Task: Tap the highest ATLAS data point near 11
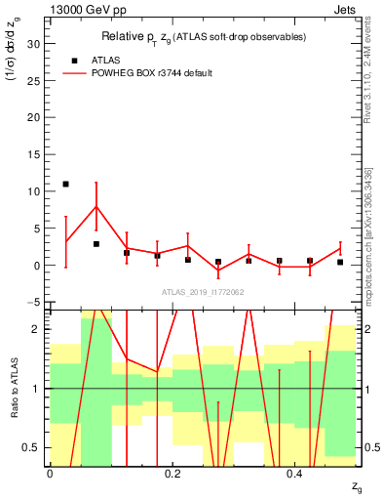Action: point(65,184)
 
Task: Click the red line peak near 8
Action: point(96,206)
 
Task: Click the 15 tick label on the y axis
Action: point(33,154)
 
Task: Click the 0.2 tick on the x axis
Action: point(172,473)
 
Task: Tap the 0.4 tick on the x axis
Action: point(295,473)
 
